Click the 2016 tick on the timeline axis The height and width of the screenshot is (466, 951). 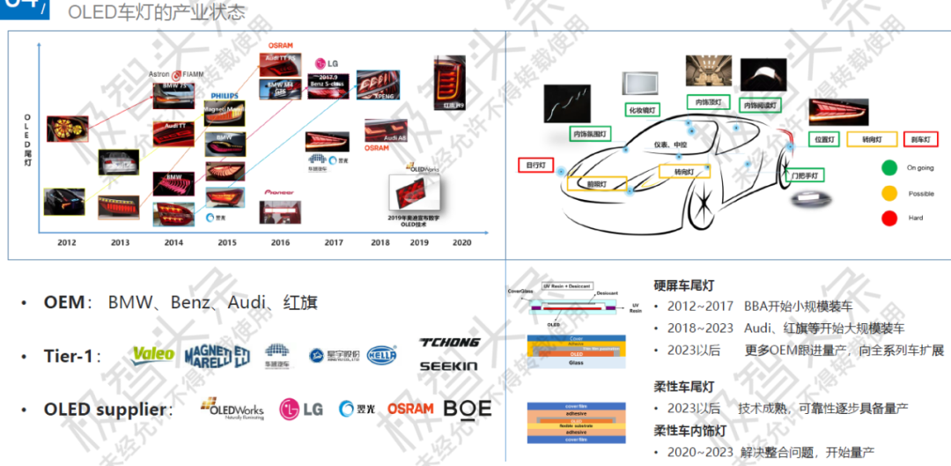pos(281,242)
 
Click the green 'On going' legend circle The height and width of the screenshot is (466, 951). pos(889,166)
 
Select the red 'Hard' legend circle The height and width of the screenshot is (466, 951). pos(889,218)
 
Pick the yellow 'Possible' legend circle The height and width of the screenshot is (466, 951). pos(889,193)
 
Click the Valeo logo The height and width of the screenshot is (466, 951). pos(152,355)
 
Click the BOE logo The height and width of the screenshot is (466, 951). pos(468,409)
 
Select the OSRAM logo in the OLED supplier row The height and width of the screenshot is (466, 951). pos(411,409)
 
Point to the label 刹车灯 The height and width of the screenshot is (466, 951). pos(920,139)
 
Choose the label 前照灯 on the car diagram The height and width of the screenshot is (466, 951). pos(601,184)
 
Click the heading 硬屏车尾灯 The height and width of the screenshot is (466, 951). pos(683,285)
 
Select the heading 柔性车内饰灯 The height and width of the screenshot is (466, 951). pos(689,431)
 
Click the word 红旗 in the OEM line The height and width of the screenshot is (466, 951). pos(300,302)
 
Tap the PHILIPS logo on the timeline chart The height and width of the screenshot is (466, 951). pos(225,95)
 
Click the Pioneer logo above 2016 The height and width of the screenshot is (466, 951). pos(279,191)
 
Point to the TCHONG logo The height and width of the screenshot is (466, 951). pos(450,342)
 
